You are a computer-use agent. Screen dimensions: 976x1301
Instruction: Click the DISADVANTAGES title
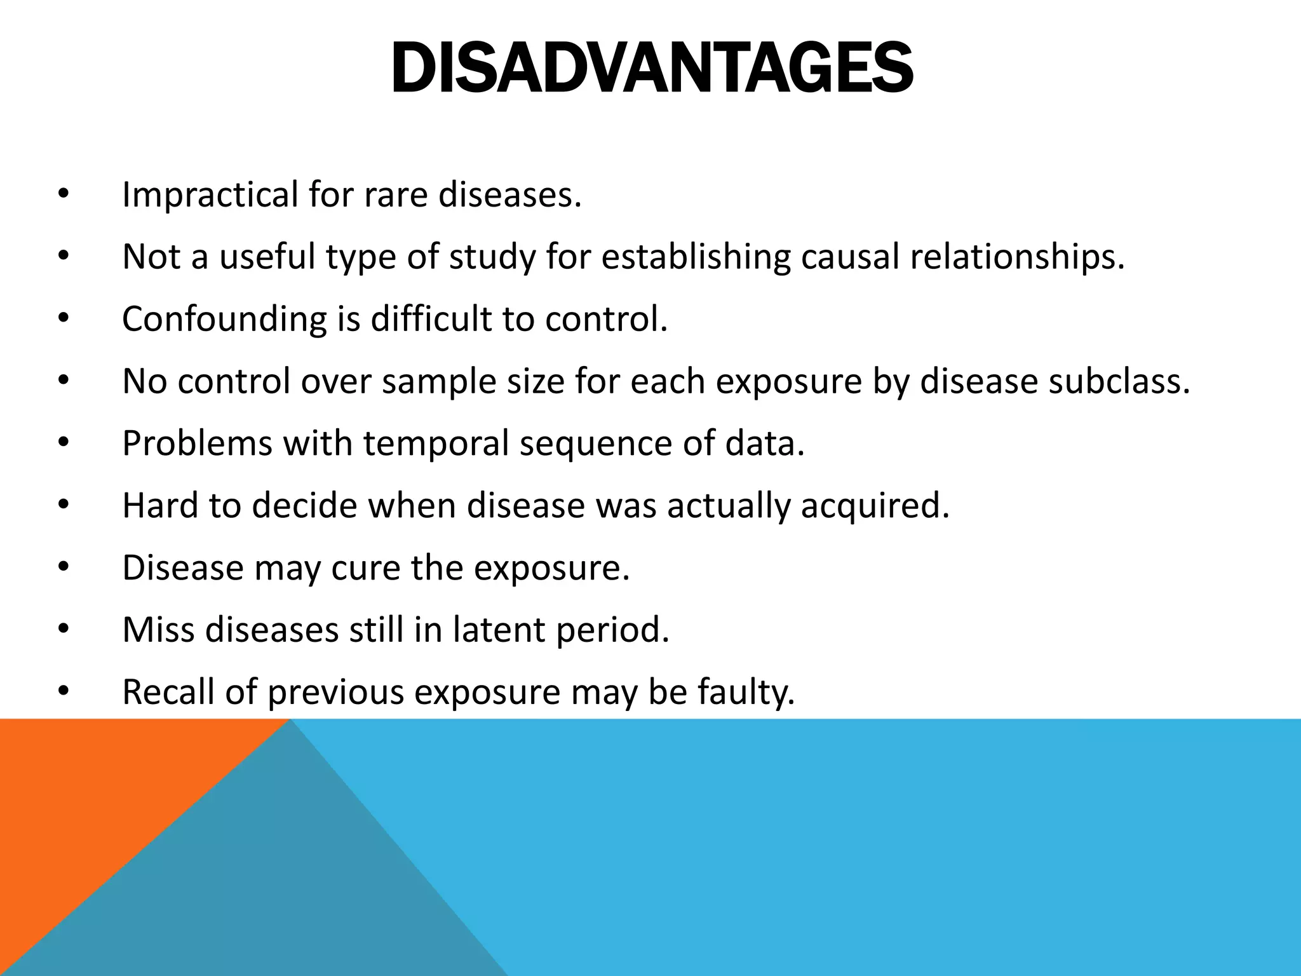pos(652,69)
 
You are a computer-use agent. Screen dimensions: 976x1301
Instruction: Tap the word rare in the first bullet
pos(396,194)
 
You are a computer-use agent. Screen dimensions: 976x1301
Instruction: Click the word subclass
pos(1118,381)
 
